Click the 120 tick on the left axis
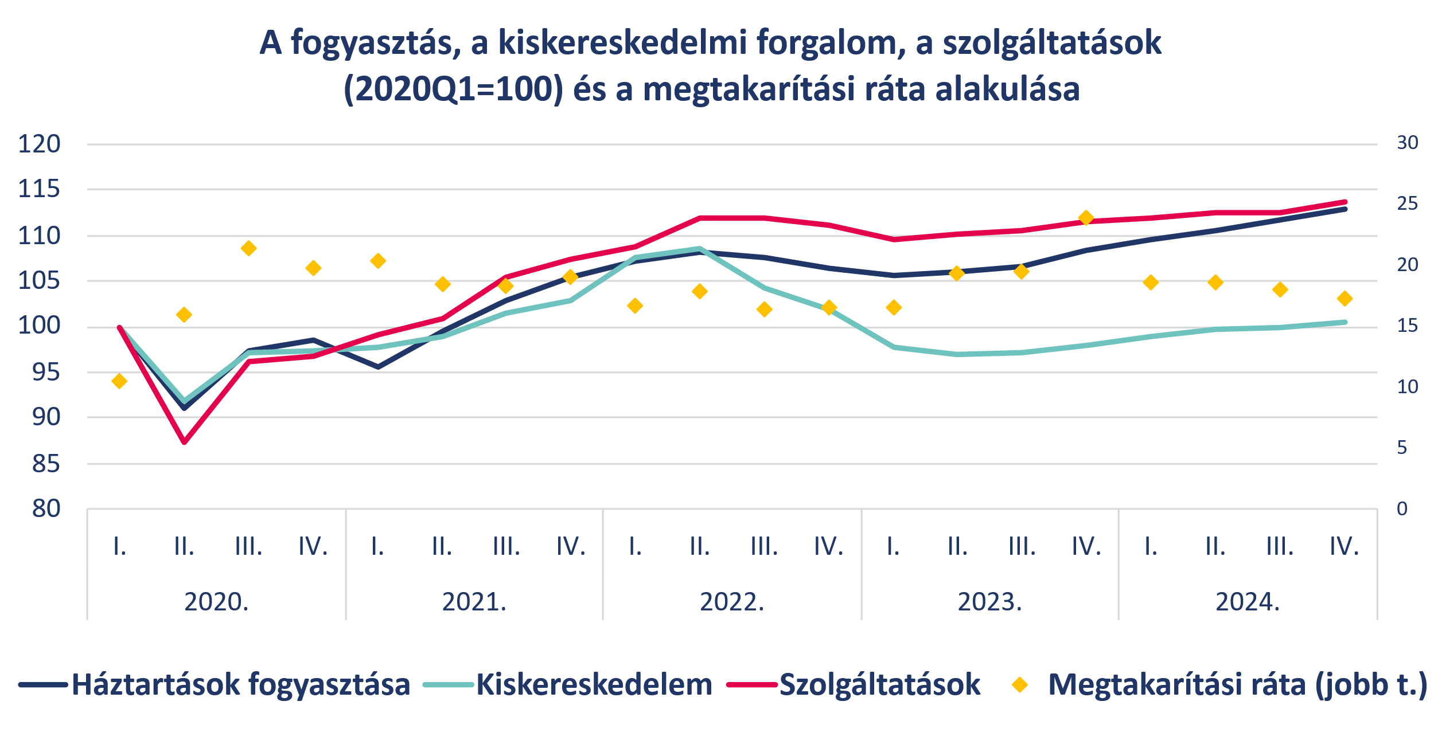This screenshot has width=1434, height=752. coord(39,144)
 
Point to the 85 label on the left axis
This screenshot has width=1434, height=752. coord(46,464)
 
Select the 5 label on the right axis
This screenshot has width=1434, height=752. coord(1402,448)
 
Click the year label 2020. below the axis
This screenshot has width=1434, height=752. coord(216,602)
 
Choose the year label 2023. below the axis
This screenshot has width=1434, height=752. coord(990,602)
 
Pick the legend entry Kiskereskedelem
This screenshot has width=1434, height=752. coord(594,684)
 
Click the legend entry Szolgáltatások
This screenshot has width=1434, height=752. coord(880,684)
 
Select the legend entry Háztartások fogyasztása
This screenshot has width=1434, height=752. coord(241,684)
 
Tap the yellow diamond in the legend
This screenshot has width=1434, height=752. coord(1020,684)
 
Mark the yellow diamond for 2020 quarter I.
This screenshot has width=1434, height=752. coord(119,381)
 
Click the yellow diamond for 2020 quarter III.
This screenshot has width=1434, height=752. coord(248,249)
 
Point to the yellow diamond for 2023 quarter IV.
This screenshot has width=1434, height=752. coord(1085,218)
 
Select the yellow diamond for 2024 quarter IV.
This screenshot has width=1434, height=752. coord(1345,299)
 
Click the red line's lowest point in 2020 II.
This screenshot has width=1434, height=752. coord(184,442)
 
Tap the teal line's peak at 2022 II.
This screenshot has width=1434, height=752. coord(699,249)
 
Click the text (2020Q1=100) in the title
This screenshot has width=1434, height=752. coord(453,89)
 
